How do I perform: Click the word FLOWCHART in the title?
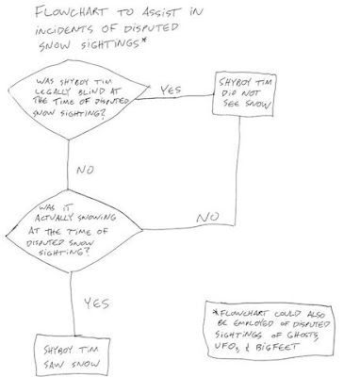[x=72, y=13]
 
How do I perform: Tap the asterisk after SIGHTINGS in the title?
[x=143, y=41]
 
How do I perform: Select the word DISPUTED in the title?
[x=151, y=28]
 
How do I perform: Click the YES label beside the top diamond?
[x=171, y=90]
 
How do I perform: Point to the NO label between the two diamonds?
[x=85, y=170]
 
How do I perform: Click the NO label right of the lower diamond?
[x=207, y=218]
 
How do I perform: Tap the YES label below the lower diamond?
[x=97, y=303]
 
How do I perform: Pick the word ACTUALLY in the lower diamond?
[x=54, y=218]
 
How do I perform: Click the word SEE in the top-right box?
[x=232, y=104]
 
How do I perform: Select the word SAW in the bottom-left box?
[x=55, y=365]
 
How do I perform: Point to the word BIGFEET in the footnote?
[x=277, y=347]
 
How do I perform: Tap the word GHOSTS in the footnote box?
[x=303, y=335]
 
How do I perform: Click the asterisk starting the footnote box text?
[x=215, y=313]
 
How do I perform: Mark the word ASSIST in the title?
[x=162, y=12]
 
